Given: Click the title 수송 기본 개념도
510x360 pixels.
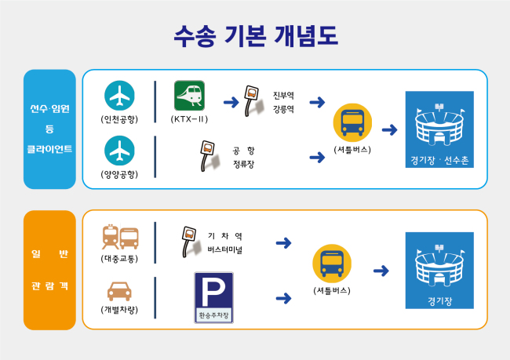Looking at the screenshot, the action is pyautogui.click(x=256, y=36).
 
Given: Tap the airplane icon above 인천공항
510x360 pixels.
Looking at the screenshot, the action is pyautogui.click(x=119, y=96).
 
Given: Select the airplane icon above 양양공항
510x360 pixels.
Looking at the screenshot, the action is pyautogui.click(x=119, y=151).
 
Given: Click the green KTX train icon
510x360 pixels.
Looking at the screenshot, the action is pyautogui.click(x=189, y=96).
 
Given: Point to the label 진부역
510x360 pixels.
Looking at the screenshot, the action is pyautogui.click(x=283, y=95).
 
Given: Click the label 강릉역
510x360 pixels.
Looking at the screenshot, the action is pyautogui.click(x=283, y=109).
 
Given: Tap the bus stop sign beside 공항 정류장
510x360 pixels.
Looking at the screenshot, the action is pyautogui.click(x=209, y=156).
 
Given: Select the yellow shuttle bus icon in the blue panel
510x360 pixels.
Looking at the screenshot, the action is pyautogui.click(x=352, y=123).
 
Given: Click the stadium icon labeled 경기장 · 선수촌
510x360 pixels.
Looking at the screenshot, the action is pyautogui.click(x=439, y=129).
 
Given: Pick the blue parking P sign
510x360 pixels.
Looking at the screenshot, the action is pyautogui.click(x=213, y=297).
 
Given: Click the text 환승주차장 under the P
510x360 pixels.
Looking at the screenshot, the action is pyautogui.click(x=213, y=315).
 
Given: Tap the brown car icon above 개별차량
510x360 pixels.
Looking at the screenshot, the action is pyautogui.click(x=119, y=291).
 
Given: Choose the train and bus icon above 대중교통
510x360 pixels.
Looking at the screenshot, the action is pyautogui.click(x=120, y=237).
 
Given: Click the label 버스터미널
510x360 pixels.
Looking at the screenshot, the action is pyautogui.click(x=225, y=249).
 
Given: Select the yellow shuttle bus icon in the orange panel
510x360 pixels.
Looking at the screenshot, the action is pyautogui.click(x=332, y=264).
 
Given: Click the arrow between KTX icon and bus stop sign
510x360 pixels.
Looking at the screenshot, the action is pyautogui.click(x=231, y=103).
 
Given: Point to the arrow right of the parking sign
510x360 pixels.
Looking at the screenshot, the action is pyautogui.click(x=283, y=298).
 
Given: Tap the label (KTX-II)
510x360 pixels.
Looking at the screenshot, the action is pyautogui.click(x=189, y=119).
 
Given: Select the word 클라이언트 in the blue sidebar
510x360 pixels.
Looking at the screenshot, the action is pyautogui.click(x=49, y=149).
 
